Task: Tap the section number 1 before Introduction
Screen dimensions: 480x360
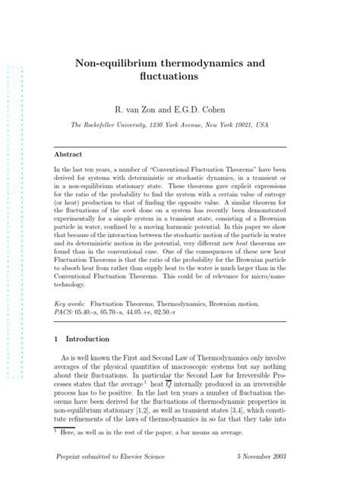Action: [68, 339]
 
